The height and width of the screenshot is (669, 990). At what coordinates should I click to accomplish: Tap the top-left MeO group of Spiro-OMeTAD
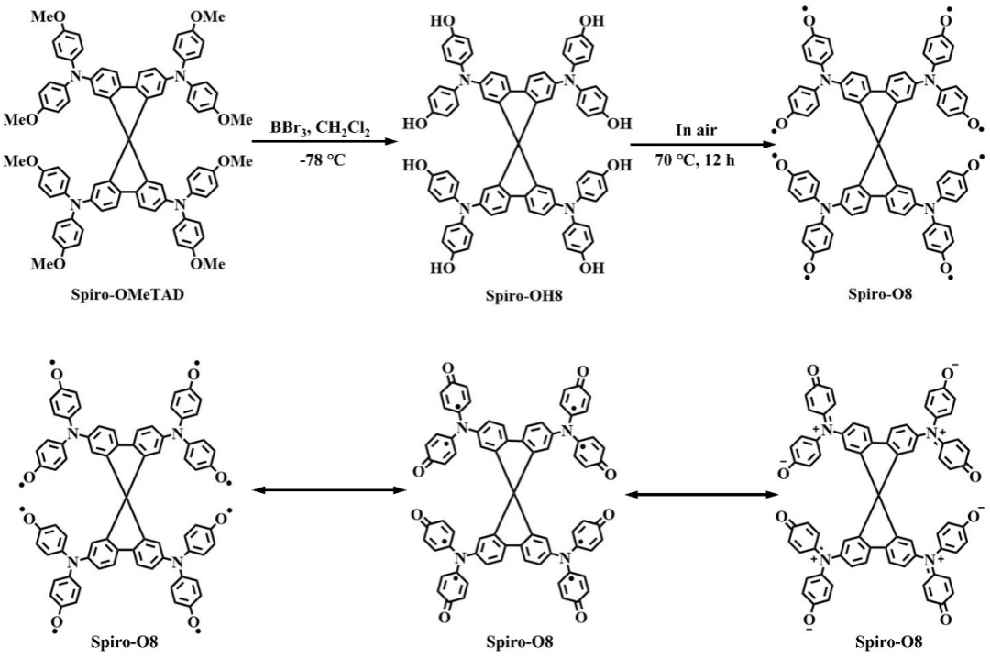[x=44, y=17]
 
